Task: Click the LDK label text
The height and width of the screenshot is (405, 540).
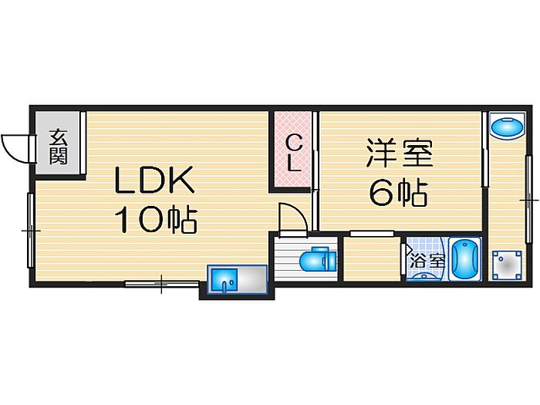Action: (154, 180)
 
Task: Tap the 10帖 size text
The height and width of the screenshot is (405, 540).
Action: (156, 220)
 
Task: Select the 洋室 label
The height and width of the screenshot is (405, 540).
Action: (399, 153)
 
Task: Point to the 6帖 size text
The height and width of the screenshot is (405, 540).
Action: (399, 193)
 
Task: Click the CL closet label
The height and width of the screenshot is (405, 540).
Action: (294, 154)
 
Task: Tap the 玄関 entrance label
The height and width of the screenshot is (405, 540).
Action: (58, 147)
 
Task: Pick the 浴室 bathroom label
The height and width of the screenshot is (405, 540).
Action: (427, 261)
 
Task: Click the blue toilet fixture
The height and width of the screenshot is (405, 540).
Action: (318, 260)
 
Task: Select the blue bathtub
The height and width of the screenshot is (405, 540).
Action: (466, 259)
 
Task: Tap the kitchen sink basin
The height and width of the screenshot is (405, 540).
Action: (224, 280)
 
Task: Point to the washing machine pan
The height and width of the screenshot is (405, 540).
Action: (507, 265)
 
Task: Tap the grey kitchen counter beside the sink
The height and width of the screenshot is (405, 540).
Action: (252, 280)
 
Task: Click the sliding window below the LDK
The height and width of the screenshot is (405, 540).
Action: (162, 284)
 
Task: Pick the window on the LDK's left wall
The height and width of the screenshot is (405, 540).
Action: (31, 230)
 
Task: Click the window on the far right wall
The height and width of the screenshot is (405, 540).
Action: (528, 200)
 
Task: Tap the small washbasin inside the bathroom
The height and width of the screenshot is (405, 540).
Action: (424, 276)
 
